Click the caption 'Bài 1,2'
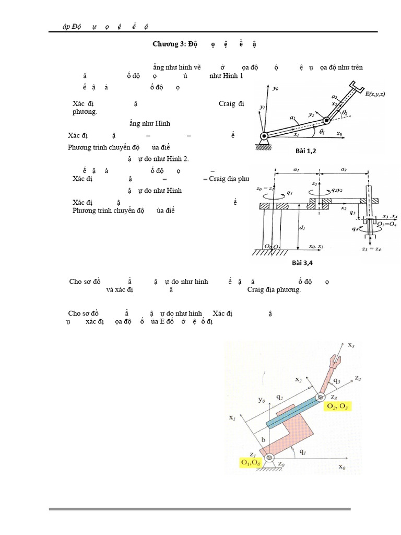(x=306, y=150)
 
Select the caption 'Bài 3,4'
(x=307, y=262)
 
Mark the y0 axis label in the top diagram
(x=276, y=89)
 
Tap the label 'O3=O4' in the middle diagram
(x=389, y=223)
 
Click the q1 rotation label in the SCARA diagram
(x=290, y=193)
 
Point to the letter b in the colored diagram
(x=263, y=440)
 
